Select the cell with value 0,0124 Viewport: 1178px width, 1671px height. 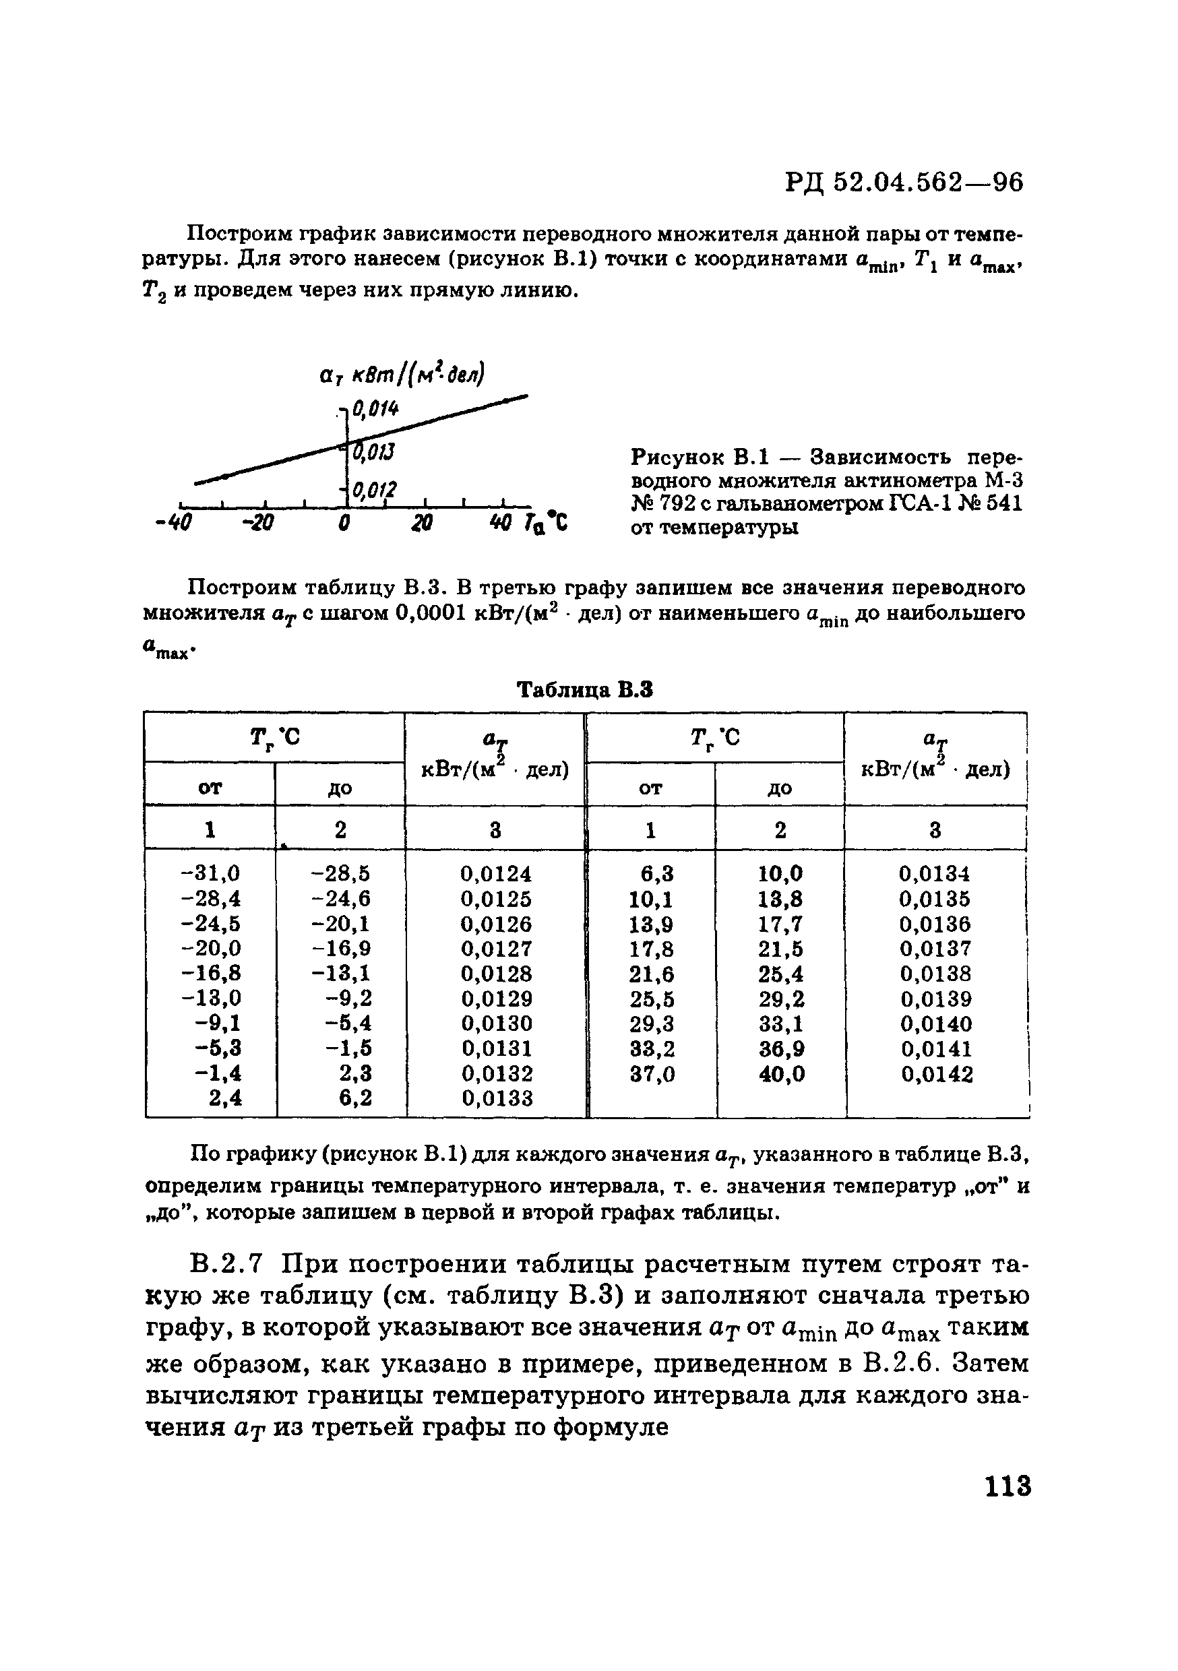496,873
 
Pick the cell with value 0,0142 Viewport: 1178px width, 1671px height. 936,1074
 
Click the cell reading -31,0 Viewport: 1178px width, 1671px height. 210,873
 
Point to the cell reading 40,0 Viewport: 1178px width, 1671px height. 781,1074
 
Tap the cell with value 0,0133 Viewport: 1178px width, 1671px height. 496,1098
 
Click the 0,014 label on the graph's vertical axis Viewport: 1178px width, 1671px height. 375,410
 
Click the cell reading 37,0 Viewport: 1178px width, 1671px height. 651,1074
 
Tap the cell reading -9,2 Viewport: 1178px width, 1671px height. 348,998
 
